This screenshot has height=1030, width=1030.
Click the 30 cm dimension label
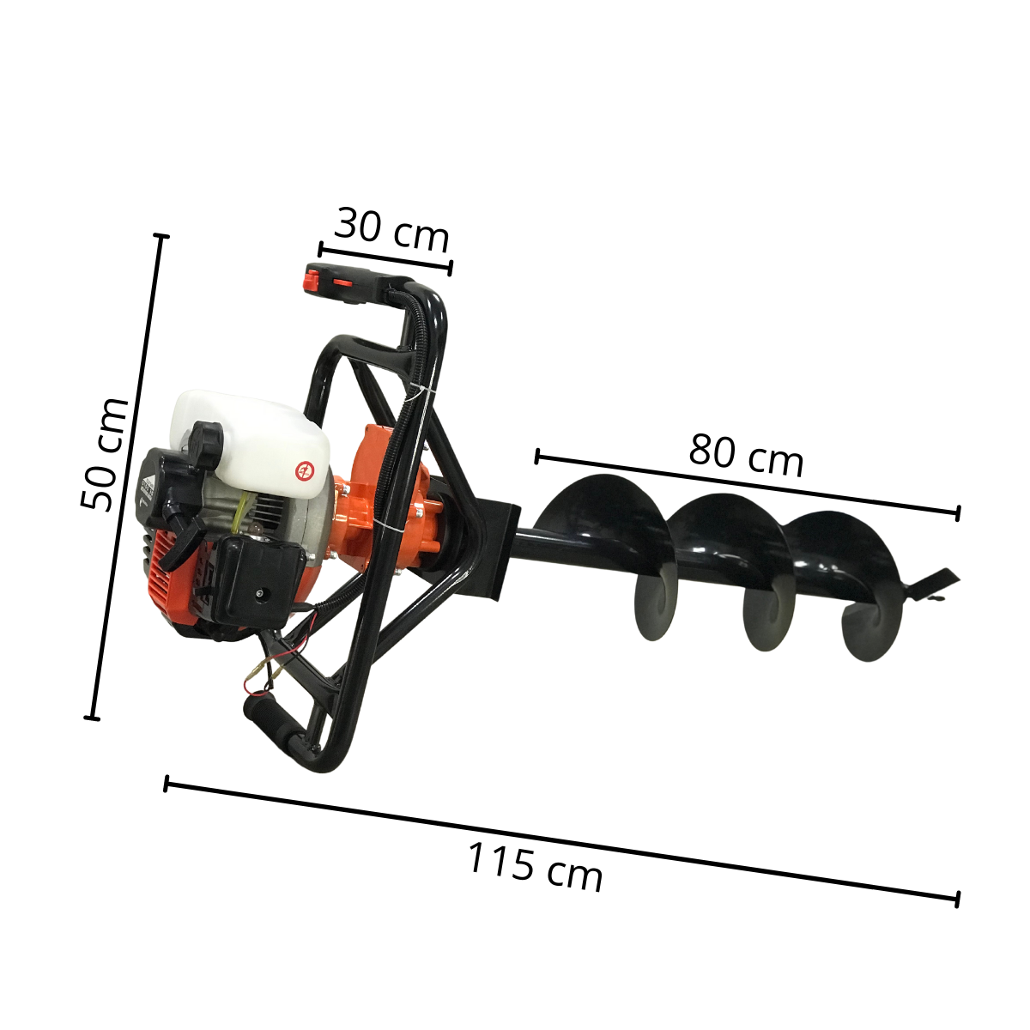(x=391, y=230)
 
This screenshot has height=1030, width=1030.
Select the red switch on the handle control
(x=311, y=279)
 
